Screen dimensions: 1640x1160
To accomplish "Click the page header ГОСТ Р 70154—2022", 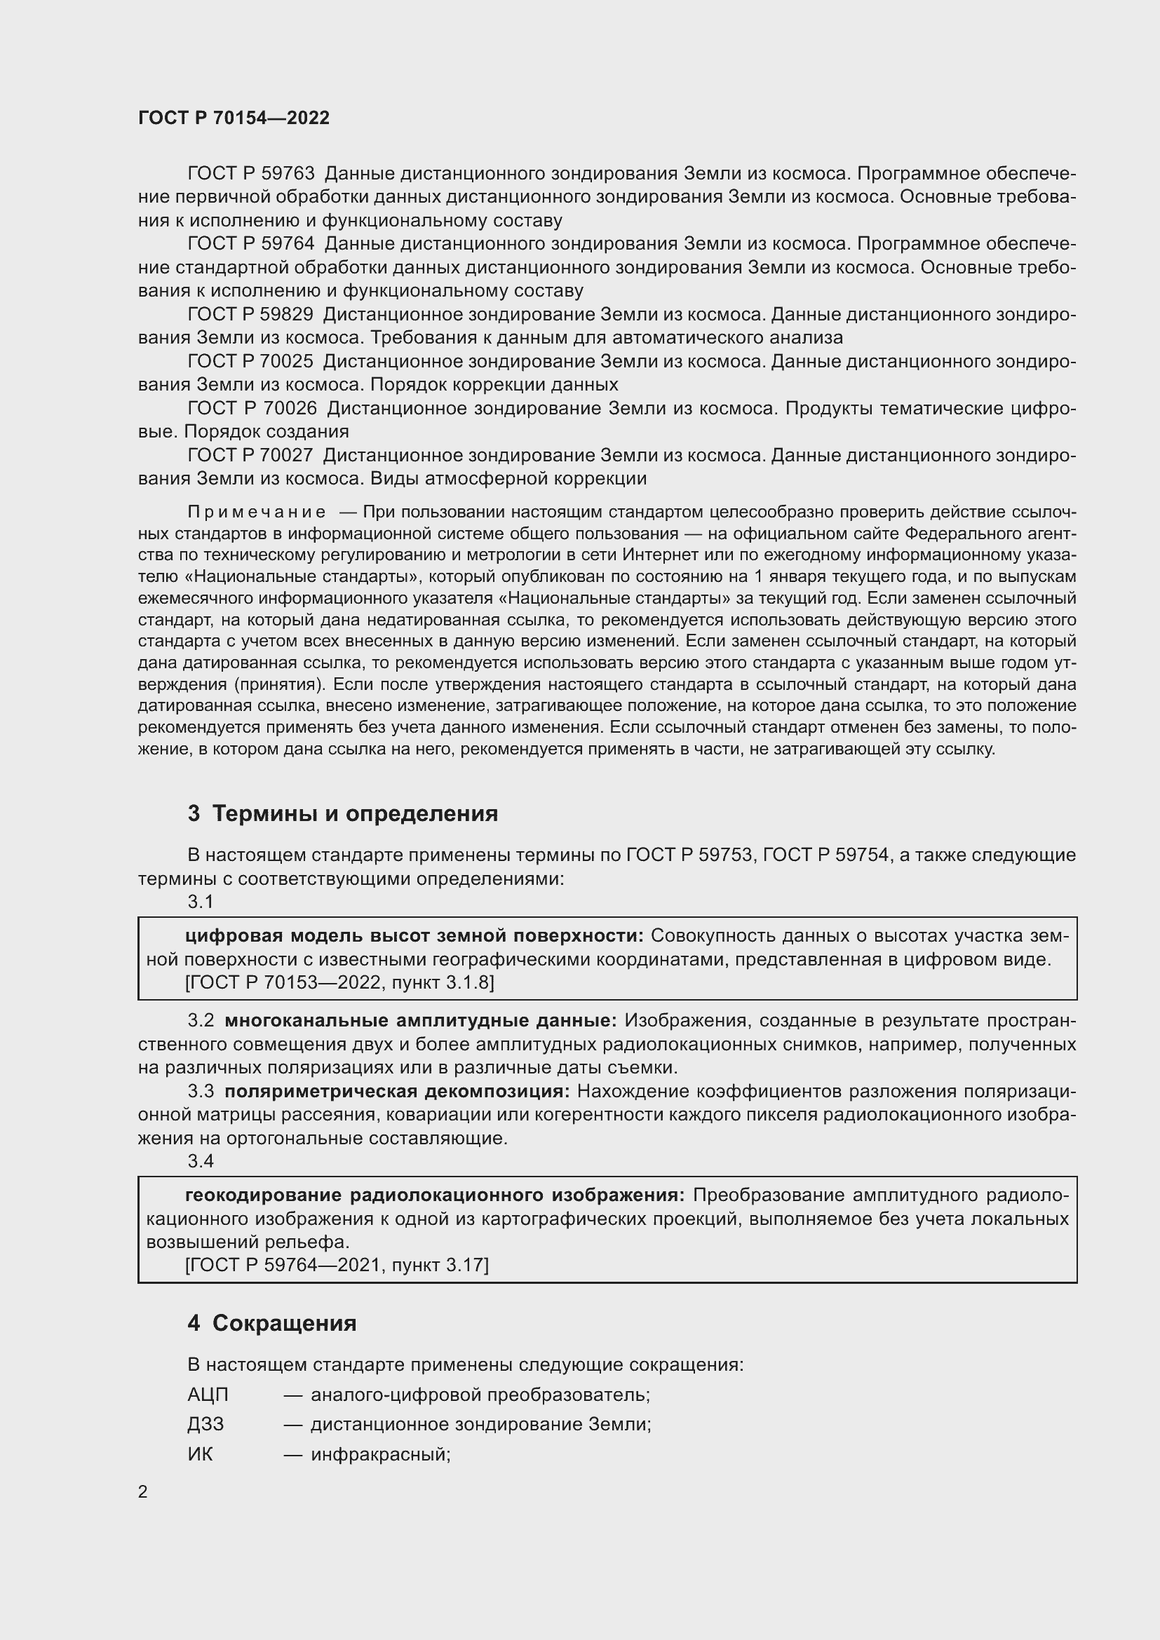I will (234, 118).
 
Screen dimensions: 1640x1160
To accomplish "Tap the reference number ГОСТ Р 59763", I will (250, 174).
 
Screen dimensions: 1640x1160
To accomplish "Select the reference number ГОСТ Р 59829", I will (250, 314).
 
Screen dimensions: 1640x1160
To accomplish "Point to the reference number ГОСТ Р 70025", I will (250, 361).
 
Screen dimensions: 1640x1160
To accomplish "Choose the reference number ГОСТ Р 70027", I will (250, 455).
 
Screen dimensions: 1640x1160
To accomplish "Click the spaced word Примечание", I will (257, 512).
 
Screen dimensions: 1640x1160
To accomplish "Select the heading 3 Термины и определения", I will (342, 813).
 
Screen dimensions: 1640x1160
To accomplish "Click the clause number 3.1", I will (201, 902).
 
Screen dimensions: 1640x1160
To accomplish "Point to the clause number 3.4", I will (201, 1161).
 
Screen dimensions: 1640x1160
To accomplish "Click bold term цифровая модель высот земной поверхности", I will (414, 936).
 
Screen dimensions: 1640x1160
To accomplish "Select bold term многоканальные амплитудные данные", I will (420, 1021).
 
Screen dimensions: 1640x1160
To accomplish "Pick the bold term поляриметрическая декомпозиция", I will (397, 1092).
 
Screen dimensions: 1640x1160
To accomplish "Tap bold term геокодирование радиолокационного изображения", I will (434, 1195).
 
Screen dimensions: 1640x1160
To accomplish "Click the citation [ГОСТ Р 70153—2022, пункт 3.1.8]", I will (339, 983).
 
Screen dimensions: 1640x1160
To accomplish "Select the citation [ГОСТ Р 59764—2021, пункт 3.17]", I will (337, 1265).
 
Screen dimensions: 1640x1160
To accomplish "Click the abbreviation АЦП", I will (208, 1395).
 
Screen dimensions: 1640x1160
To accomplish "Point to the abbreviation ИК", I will (200, 1455).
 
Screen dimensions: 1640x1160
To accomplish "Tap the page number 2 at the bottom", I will (143, 1492).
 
